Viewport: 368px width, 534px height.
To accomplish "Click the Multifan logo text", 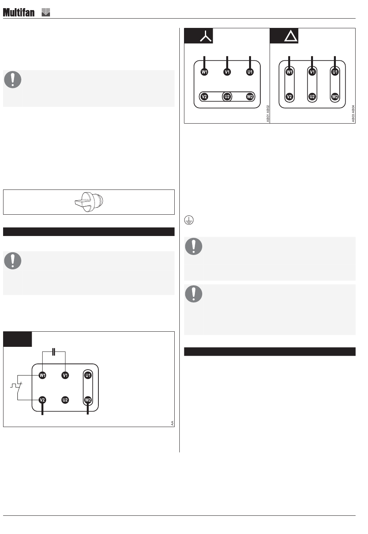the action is pyautogui.click(x=19, y=12).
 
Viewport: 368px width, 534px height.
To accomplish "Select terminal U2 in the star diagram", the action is pyautogui.click(x=227, y=96).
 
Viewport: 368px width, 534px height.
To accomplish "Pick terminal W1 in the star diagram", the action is pyautogui.click(x=204, y=72).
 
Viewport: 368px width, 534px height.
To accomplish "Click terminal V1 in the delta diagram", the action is pyautogui.click(x=312, y=72).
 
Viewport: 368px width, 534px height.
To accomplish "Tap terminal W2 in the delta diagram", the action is pyautogui.click(x=335, y=96).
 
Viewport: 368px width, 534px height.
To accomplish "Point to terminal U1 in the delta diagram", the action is pyautogui.click(x=335, y=72).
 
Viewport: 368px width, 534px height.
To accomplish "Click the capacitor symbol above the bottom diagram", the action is pyautogui.click(x=53, y=351).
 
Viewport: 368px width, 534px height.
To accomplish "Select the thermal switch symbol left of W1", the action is pyautogui.click(x=17, y=385).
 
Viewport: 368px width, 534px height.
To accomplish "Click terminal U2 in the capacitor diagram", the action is pyautogui.click(x=65, y=400).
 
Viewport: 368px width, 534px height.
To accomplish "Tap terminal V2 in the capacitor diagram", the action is pyautogui.click(x=43, y=400).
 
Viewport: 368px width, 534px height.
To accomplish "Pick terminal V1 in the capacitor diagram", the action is pyautogui.click(x=65, y=375).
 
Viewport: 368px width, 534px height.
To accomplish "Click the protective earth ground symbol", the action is pyautogui.click(x=189, y=220).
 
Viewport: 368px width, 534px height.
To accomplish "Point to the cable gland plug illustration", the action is pyautogui.click(x=89, y=202).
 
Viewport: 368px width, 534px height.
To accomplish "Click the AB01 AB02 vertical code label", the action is pyautogui.click(x=268, y=114).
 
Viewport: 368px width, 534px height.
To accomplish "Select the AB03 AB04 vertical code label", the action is pyautogui.click(x=353, y=114).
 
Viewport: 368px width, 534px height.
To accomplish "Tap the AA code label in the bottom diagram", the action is pyautogui.click(x=172, y=423).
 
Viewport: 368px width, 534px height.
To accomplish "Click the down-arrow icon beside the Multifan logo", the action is pyautogui.click(x=46, y=12).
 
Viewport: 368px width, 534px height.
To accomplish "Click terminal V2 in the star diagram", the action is pyautogui.click(x=204, y=96).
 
